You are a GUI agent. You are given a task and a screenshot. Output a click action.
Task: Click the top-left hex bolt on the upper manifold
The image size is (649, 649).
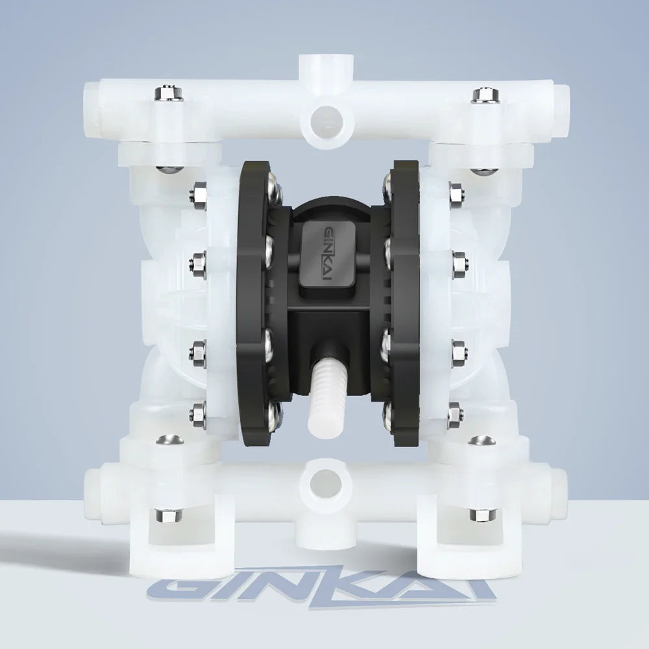(169, 93)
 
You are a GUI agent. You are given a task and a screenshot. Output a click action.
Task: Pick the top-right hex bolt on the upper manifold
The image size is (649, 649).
(486, 94)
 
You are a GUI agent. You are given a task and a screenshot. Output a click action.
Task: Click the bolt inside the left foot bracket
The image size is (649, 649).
(169, 515)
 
